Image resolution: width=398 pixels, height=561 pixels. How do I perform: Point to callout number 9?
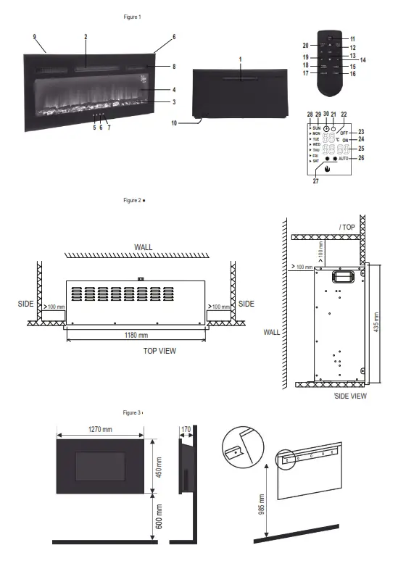pos(34,36)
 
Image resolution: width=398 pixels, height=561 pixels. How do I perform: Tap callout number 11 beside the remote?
pos(353,38)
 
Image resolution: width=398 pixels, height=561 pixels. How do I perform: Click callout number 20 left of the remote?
pos(305,45)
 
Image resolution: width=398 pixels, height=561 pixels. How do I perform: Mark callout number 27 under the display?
pos(316,182)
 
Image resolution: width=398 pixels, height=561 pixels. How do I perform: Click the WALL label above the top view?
pos(143,248)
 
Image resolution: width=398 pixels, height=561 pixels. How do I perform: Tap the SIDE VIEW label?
pos(350,396)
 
